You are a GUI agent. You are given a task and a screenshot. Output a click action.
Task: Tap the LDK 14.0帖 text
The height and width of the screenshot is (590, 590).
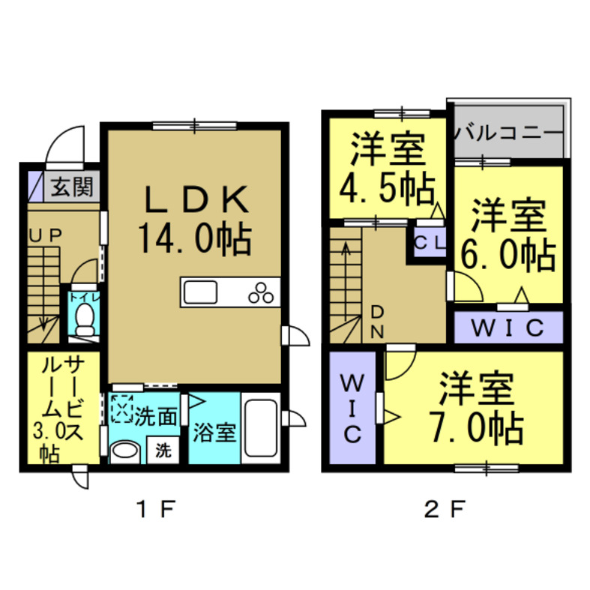pos(193,220)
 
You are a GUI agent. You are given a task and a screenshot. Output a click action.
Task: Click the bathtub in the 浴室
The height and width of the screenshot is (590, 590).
pos(261,430)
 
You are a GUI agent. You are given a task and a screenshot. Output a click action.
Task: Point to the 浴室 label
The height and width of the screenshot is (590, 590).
pos(214,433)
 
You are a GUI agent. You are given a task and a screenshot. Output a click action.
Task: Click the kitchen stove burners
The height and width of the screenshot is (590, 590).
pos(264,292)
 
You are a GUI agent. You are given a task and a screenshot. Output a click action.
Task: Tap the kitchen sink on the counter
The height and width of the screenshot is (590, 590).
pos(199,291)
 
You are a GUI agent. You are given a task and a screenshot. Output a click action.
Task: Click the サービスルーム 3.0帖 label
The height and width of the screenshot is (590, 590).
pos(62,408)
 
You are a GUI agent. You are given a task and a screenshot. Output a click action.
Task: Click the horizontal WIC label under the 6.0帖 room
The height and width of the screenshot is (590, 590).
pos(508,327)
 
